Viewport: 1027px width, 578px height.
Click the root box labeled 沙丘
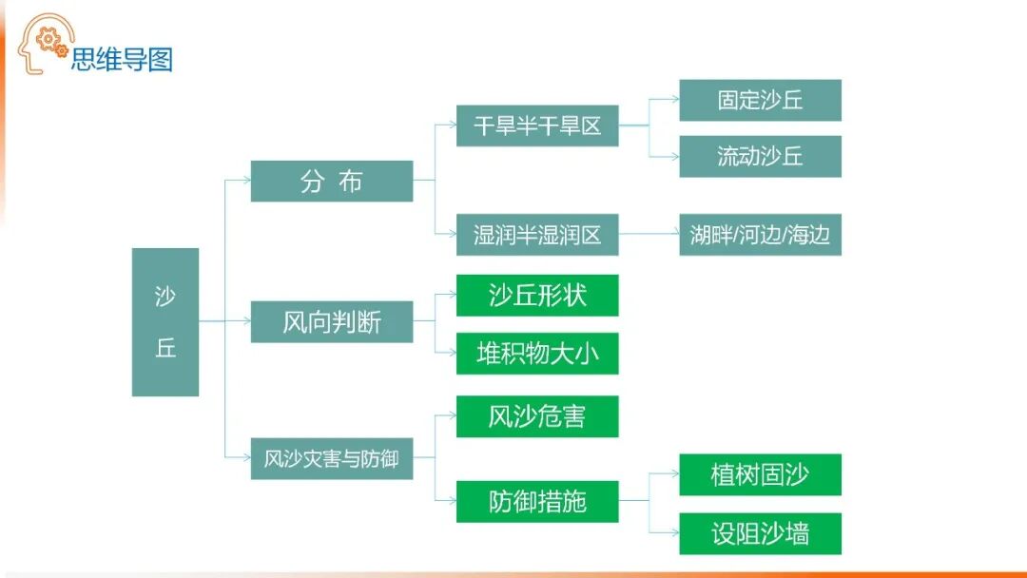pyautogui.click(x=165, y=321)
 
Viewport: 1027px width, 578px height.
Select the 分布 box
pyautogui.click(x=332, y=181)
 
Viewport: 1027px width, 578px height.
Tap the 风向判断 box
pyautogui.click(x=332, y=322)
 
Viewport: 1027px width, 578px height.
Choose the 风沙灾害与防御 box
pyautogui.click(x=332, y=459)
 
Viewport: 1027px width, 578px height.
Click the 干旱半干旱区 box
pyautogui.click(x=537, y=125)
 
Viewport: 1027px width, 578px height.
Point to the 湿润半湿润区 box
pyautogui.click(x=537, y=235)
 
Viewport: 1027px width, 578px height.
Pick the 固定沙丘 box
pyautogui.click(x=760, y=100)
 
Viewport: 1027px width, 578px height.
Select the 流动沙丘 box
pyautogui.click(x=760, y=156)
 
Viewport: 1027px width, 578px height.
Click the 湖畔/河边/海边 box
pyautogui.click(x=760, y=235)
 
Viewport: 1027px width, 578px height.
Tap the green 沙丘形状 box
pyautogui.click(x=537, y=295)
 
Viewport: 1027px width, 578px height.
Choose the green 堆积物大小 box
pyautogui.click(x=537, y=353)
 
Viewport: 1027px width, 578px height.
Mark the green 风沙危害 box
pyautogui.click(x=537, y=416)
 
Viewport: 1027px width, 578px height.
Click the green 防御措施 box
pyautogui.click(x=537, y=501)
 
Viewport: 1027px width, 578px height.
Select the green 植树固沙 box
pyautogui.click(x=760, y=474)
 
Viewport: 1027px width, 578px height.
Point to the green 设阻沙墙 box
pyautogui.click(x=760, y=533)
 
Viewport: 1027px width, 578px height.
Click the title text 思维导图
pyautogui.click(x=122, y=60)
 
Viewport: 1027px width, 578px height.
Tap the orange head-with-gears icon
pyautogui.click(x=44, y=44)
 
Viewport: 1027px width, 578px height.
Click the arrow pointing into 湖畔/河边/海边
pyautogui.click(x=673, y=235)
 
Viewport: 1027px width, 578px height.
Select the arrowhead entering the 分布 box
pyautogui.click(x=245, y=181)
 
